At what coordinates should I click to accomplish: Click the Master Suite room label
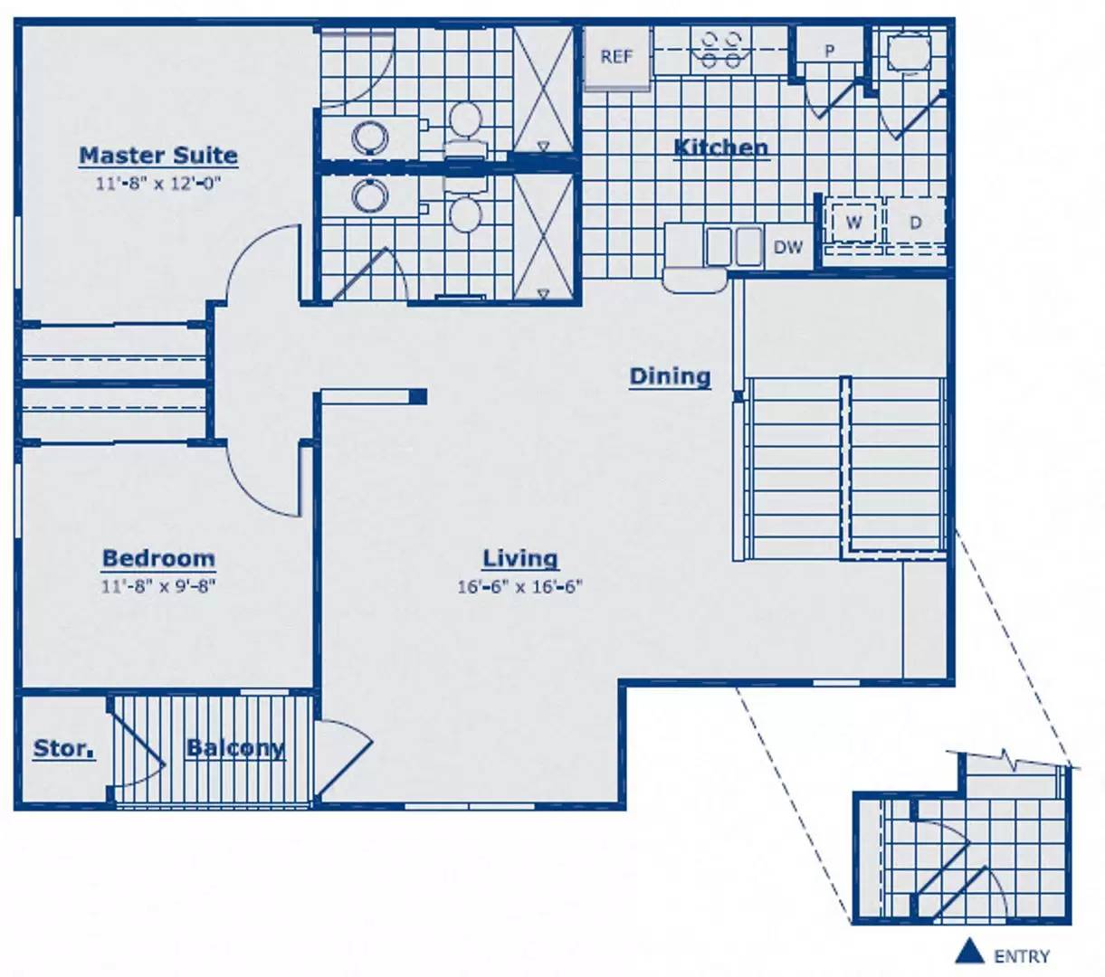[x=158, y=156]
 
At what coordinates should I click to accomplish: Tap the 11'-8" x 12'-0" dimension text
[x=158, y=183]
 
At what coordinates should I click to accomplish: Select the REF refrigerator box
[x=617, y=57]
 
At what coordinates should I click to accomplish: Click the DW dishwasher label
[x=788, y=248]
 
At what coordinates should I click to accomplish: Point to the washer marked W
[x=853, y=223]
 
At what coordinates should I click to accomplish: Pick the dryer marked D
[x=916, y=223]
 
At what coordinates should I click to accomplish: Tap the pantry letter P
[x=829, y=51]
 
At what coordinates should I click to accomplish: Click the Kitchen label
[x=721, y=147]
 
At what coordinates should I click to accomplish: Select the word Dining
[x=671, y=376]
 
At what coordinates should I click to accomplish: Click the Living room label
[x=520, y=559]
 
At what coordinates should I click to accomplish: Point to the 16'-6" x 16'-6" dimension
[x=520, y=586]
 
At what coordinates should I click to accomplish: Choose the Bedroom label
[x=158, y=558]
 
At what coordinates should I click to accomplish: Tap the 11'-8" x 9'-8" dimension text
[x=158, y=586]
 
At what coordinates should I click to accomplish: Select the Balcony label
[x=235, y=748]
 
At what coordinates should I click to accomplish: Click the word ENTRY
[x=1022, y=956]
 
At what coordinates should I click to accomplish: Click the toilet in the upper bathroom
[x=465, y=129]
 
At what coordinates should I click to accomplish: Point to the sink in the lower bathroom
[x=370, y=195]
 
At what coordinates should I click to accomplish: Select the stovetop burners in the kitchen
[x=721, y=50]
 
